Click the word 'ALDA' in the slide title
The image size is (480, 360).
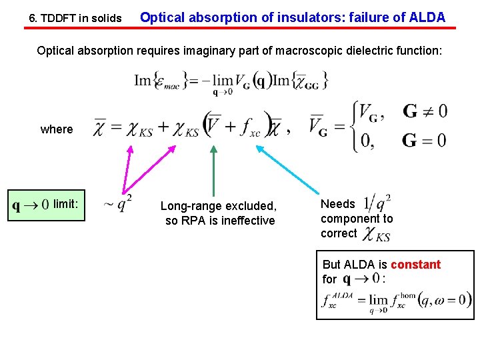pos(423,17)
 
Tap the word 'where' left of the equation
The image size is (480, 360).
pos(57,129)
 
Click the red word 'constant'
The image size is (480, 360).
pos(415,265)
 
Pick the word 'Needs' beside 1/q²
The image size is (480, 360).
pos(338,204)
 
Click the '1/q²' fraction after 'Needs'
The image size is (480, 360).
pos(378,203)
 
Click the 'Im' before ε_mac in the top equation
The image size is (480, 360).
pos(143,80)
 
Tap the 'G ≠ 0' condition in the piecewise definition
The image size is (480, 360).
pos(425,111)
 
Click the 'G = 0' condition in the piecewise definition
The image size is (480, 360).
pos(425,140)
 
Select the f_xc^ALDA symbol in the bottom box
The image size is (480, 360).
pos(337,300)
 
